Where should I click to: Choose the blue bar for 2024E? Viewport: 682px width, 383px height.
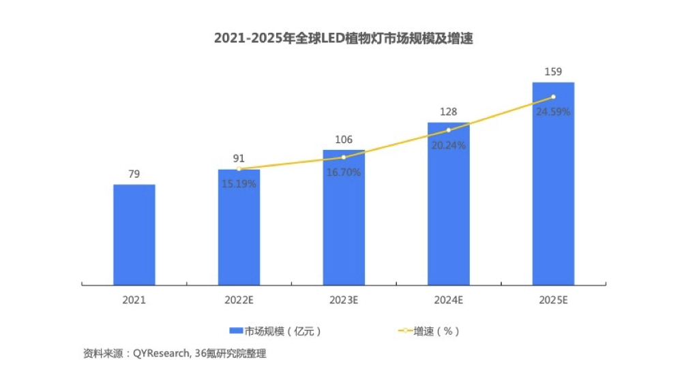point(448,204)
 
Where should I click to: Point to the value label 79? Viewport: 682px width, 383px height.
point(134,174)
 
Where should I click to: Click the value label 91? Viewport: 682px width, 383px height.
point(239,159)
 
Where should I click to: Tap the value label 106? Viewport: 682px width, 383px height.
point(344,140)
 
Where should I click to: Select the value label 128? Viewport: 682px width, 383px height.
point(448,112)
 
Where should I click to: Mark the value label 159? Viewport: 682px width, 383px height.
point(553,72)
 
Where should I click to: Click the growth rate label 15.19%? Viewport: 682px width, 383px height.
point(239,184)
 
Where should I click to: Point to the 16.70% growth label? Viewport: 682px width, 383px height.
point(344,172)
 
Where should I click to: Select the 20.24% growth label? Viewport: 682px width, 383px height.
point(448,145)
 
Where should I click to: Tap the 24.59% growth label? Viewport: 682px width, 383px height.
point(553,112)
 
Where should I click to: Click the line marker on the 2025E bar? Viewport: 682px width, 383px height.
point(553,97)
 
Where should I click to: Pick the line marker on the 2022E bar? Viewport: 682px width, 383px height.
point(239,168)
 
